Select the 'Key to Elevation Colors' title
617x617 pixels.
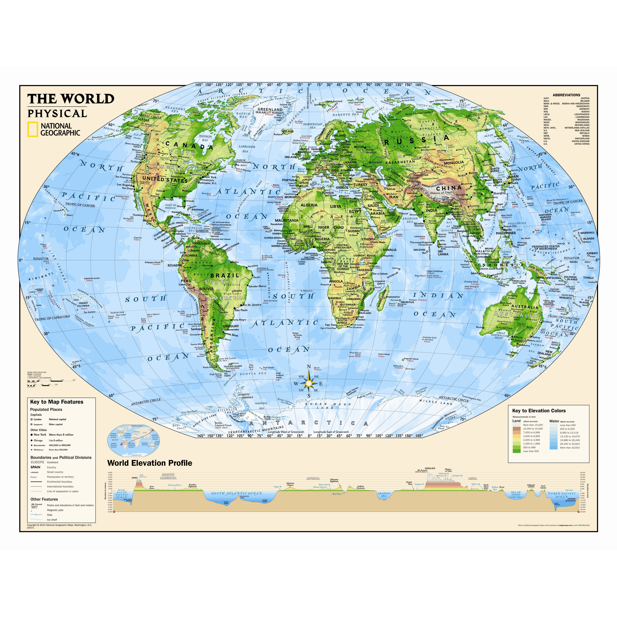click(539, 411)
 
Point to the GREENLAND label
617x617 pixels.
click(270, 109)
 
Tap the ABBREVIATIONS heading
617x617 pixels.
click(566, 95)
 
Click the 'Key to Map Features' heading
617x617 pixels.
click(57, 402)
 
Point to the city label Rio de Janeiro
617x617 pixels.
click(252, 305)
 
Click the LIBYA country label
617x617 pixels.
click(335, 206)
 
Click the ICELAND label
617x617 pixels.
click(288, 131)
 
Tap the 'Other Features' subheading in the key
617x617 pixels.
click(44, 499)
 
